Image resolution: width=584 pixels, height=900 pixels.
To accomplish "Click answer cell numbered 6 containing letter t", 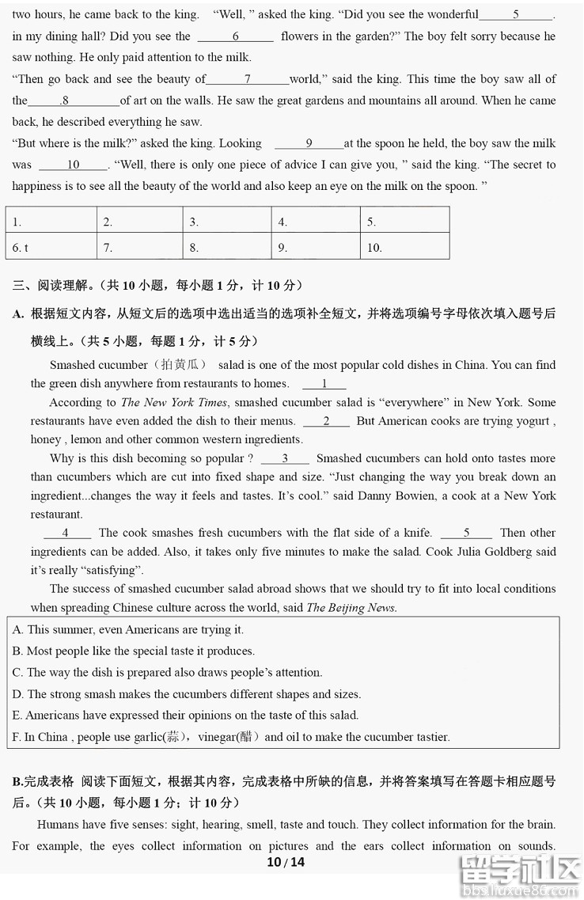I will coord(51,247).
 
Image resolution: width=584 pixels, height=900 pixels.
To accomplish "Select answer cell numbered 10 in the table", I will coord(404,247).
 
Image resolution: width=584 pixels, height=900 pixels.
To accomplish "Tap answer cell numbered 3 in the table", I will coord(226,222).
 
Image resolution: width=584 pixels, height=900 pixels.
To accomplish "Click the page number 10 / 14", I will coord(286,862).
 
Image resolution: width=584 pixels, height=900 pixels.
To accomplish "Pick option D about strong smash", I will coord(187,694).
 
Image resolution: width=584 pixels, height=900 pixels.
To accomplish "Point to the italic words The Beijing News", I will coord(351,608).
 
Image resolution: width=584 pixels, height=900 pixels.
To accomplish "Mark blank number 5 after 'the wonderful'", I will coord(516,15).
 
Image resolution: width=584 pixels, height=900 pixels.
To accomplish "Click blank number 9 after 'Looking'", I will coord(309,144).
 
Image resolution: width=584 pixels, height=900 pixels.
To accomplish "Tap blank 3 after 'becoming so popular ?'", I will coord(285,459).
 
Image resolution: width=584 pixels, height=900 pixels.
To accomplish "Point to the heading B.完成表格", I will coord(44,781).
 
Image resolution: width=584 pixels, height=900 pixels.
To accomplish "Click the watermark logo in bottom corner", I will coord(522,875).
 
